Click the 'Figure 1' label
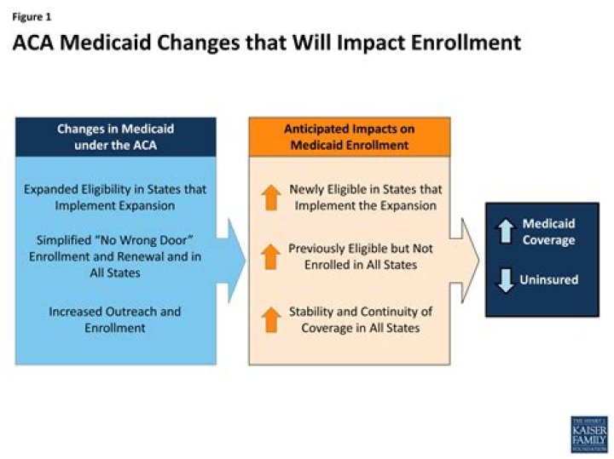point(30,14)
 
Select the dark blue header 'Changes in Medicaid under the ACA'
point(115,137)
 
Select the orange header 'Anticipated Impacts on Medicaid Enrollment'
point(349,137)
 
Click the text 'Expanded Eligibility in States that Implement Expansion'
point(115,197)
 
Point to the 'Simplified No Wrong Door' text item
point(115,253)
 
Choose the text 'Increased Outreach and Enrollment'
point(115,319)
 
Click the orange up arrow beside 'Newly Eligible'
point(270,197)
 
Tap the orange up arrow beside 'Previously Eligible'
point(270,256)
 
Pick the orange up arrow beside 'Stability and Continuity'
point(270,319)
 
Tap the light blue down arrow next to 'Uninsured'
point(505,280)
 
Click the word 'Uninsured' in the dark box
point(550,280)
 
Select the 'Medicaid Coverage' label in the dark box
point(549,232)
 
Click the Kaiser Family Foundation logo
point(589,434)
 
